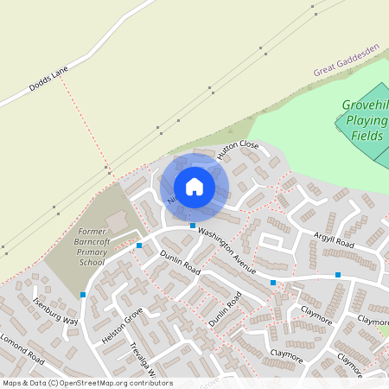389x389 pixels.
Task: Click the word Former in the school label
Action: pos(91,232)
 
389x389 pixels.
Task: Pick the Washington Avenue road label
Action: pos(226,252)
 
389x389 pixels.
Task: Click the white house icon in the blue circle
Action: pos(194,186)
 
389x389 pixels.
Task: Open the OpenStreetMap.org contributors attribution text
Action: pos(86,382)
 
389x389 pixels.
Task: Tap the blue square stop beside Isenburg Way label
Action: pos(83,295)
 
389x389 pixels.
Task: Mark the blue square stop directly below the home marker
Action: pos(193,226)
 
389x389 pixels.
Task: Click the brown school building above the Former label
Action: pos(117,221)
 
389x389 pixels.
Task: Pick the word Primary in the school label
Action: pos(92,252)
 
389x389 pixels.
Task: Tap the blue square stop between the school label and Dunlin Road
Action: pos(139,246)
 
